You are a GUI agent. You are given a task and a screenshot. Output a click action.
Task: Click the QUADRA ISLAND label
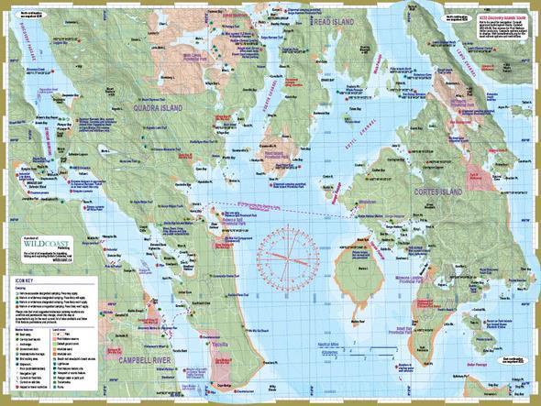coord(158,108)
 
